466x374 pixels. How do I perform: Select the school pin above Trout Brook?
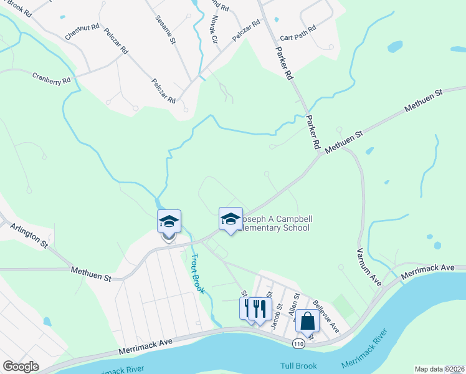coord(169,221)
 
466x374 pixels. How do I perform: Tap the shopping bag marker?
coord(307,321)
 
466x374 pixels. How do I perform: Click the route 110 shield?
coord(300,343)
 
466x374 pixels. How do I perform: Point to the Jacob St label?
coord(277,315)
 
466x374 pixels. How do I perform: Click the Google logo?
coord(21,367)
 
